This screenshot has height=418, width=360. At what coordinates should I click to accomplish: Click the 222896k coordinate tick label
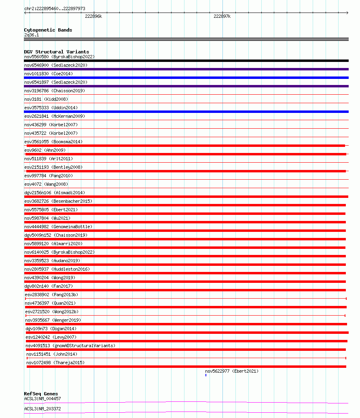(x=93, y=17)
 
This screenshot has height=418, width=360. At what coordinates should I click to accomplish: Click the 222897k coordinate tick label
(x=222, y=17)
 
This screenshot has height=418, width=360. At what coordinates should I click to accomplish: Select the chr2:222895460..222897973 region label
(x=55, y=8)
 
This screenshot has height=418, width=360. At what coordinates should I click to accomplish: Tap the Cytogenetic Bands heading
(x=48, y=30)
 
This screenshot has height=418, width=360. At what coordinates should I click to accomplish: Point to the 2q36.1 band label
(x=32, y=35)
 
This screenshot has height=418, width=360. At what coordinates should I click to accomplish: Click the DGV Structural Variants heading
(x=56, y=52)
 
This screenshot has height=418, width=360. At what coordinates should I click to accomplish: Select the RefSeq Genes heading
(x=41, y=394)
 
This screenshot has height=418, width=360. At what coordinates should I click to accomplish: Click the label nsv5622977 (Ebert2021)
(x=231, y=371)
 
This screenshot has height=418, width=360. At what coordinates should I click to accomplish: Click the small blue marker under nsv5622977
(x=206, y=375)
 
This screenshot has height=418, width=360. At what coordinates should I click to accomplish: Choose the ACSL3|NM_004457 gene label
(x=42, y=399)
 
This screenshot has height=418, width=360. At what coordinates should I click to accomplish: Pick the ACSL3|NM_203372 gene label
(x=42, y=409)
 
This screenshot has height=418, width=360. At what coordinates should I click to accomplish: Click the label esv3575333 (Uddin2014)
(x=51, y=108)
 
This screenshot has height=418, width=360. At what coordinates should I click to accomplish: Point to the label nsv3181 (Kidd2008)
(x=46, y=99)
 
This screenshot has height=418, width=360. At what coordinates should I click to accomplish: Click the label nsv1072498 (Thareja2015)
(x=55, y=363)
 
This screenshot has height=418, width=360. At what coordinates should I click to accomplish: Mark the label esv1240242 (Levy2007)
(x=51, y=337)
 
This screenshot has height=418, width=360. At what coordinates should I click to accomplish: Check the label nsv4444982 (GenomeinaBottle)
(x=58, y=227)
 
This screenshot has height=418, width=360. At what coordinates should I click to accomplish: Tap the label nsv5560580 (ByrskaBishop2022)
(x=59, y=57)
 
